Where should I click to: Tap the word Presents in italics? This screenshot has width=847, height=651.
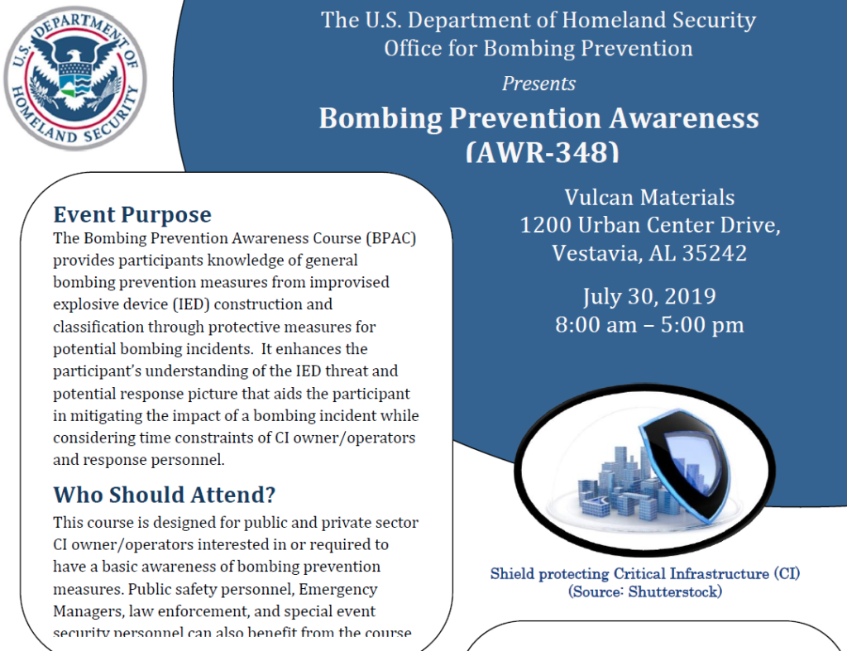pos(538,84)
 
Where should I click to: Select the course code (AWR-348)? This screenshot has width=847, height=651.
pos(542,151)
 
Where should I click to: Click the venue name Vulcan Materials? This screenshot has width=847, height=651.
pos(649,198)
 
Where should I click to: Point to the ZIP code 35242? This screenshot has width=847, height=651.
pos(714,253)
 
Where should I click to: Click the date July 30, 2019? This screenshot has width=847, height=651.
pos(649,296)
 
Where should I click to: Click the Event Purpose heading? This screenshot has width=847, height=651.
pos(132,215)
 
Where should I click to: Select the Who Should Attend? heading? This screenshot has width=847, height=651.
pos(164,495)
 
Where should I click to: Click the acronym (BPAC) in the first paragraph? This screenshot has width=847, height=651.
pos(388,238)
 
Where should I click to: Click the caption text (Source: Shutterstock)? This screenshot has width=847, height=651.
pos(644,592)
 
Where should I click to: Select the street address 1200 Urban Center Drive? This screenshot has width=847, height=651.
pos(649,225)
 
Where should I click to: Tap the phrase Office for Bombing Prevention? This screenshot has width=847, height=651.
pos(538,48)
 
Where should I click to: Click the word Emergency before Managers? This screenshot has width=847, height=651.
pos(337,589)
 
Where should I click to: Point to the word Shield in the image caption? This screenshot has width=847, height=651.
pos(513,573)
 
